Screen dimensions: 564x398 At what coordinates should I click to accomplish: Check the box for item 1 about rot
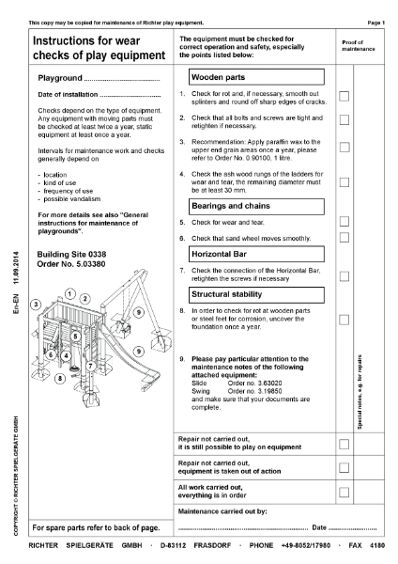pyautogui.click(x=344, y=96)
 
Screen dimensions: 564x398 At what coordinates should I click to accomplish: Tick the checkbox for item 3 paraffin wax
pyautogui.click(x=344, y=149)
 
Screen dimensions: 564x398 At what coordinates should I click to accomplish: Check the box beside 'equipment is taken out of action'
pyautogui.click(x=344, y=467)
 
